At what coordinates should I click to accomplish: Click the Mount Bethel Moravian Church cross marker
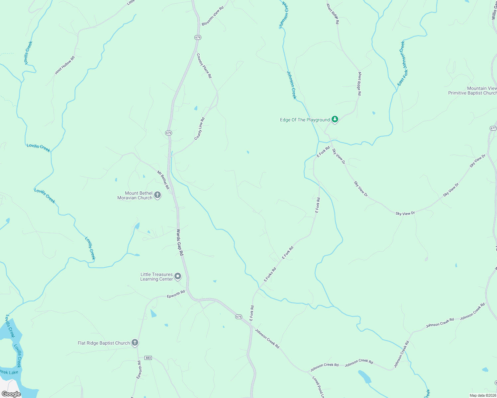tap(158, 195)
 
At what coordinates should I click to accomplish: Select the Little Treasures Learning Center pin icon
tap(178, 276)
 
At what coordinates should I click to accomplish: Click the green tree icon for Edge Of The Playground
tap(335, 119)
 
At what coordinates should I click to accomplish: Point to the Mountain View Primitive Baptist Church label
tap(472, 91)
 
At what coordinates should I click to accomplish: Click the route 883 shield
tap(148, 358)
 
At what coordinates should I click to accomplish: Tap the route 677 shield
tap(493, 128)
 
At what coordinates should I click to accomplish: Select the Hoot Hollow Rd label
tap(65, 65)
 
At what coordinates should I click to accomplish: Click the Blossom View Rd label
tap(213, 16)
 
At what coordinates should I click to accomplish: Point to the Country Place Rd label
tap(204, 66)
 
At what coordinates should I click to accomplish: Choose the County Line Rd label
tap(200, 129)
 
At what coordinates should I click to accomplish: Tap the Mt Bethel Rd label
tap(163, 180)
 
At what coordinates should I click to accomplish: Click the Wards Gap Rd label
tap(180, 242)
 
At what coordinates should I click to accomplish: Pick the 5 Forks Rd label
tap(270, 275)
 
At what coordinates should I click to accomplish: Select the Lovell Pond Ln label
tap(318, 387)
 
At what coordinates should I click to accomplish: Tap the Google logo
tap(11, 394)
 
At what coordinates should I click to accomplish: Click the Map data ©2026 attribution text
tap(482, 395)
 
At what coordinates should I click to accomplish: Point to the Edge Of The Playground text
tap(305, 120)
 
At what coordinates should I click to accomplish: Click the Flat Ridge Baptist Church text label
tap(104, 343)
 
